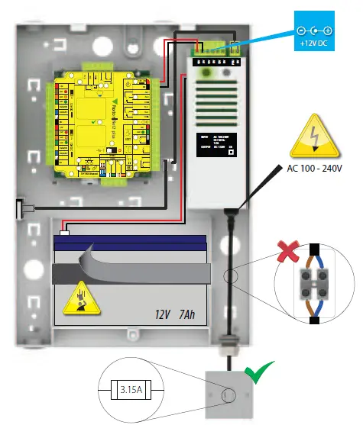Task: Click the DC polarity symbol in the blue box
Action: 315,30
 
